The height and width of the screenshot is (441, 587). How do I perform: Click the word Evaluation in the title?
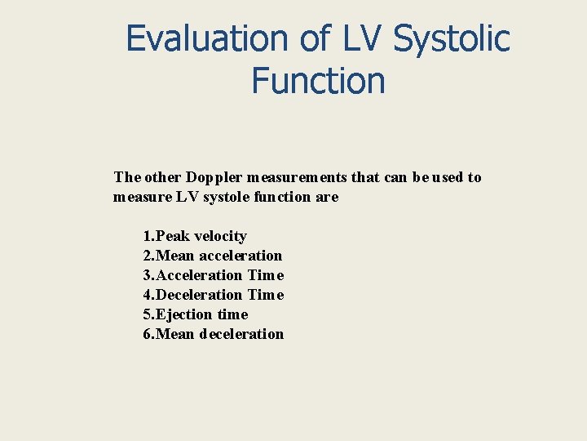pyautogui.click(x=207, y=38)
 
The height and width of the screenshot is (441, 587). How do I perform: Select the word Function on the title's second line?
pyautogui.click(x=318, y=81)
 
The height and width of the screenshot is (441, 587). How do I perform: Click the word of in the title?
pyautogui.click(x=311, y=38)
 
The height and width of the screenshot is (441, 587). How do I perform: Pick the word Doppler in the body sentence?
pyautogui.click(x=214, y=177)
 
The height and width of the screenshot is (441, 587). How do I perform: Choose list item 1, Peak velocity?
pyautogui.click(x=195, y=236)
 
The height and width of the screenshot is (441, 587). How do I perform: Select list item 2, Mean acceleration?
pyautogui.click(x=213, y=256)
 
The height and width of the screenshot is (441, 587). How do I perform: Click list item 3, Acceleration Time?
pyautogui.click(x=214, y=275)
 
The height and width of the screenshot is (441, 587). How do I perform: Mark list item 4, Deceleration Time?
pyautogui.click(x=214, y=295)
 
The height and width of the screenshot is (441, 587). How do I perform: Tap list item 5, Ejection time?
pyautogui.click(x=196, y=314)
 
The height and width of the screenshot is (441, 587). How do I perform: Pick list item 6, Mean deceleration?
pyautogui.click(x=214, y=334)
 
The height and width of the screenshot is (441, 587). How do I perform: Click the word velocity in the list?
pyautogui.click(x=220, y=236)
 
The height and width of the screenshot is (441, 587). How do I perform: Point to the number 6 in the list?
pyautogui.click(x=148, y=334)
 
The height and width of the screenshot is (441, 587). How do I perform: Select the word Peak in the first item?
pyautogui.click(x=172, y=236)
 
